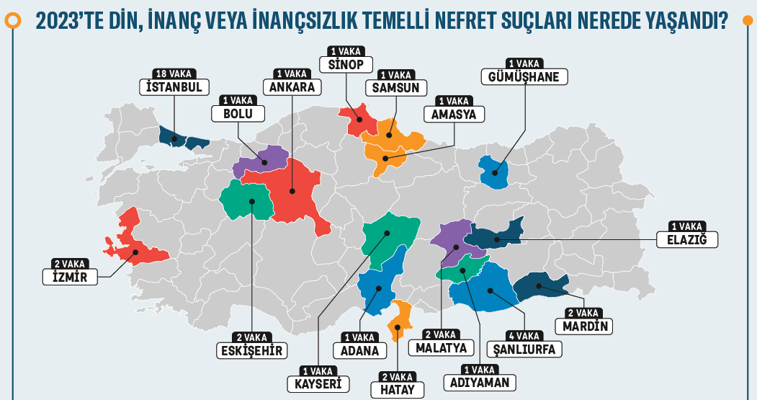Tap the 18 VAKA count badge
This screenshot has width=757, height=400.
point(173,74)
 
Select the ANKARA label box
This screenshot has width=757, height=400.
point(292,87)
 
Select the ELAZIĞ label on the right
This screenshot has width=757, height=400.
point(687,239)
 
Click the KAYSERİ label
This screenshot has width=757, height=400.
point(318,383)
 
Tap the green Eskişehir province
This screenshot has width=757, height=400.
point(247,201)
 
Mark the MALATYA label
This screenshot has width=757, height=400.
point(442,348)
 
